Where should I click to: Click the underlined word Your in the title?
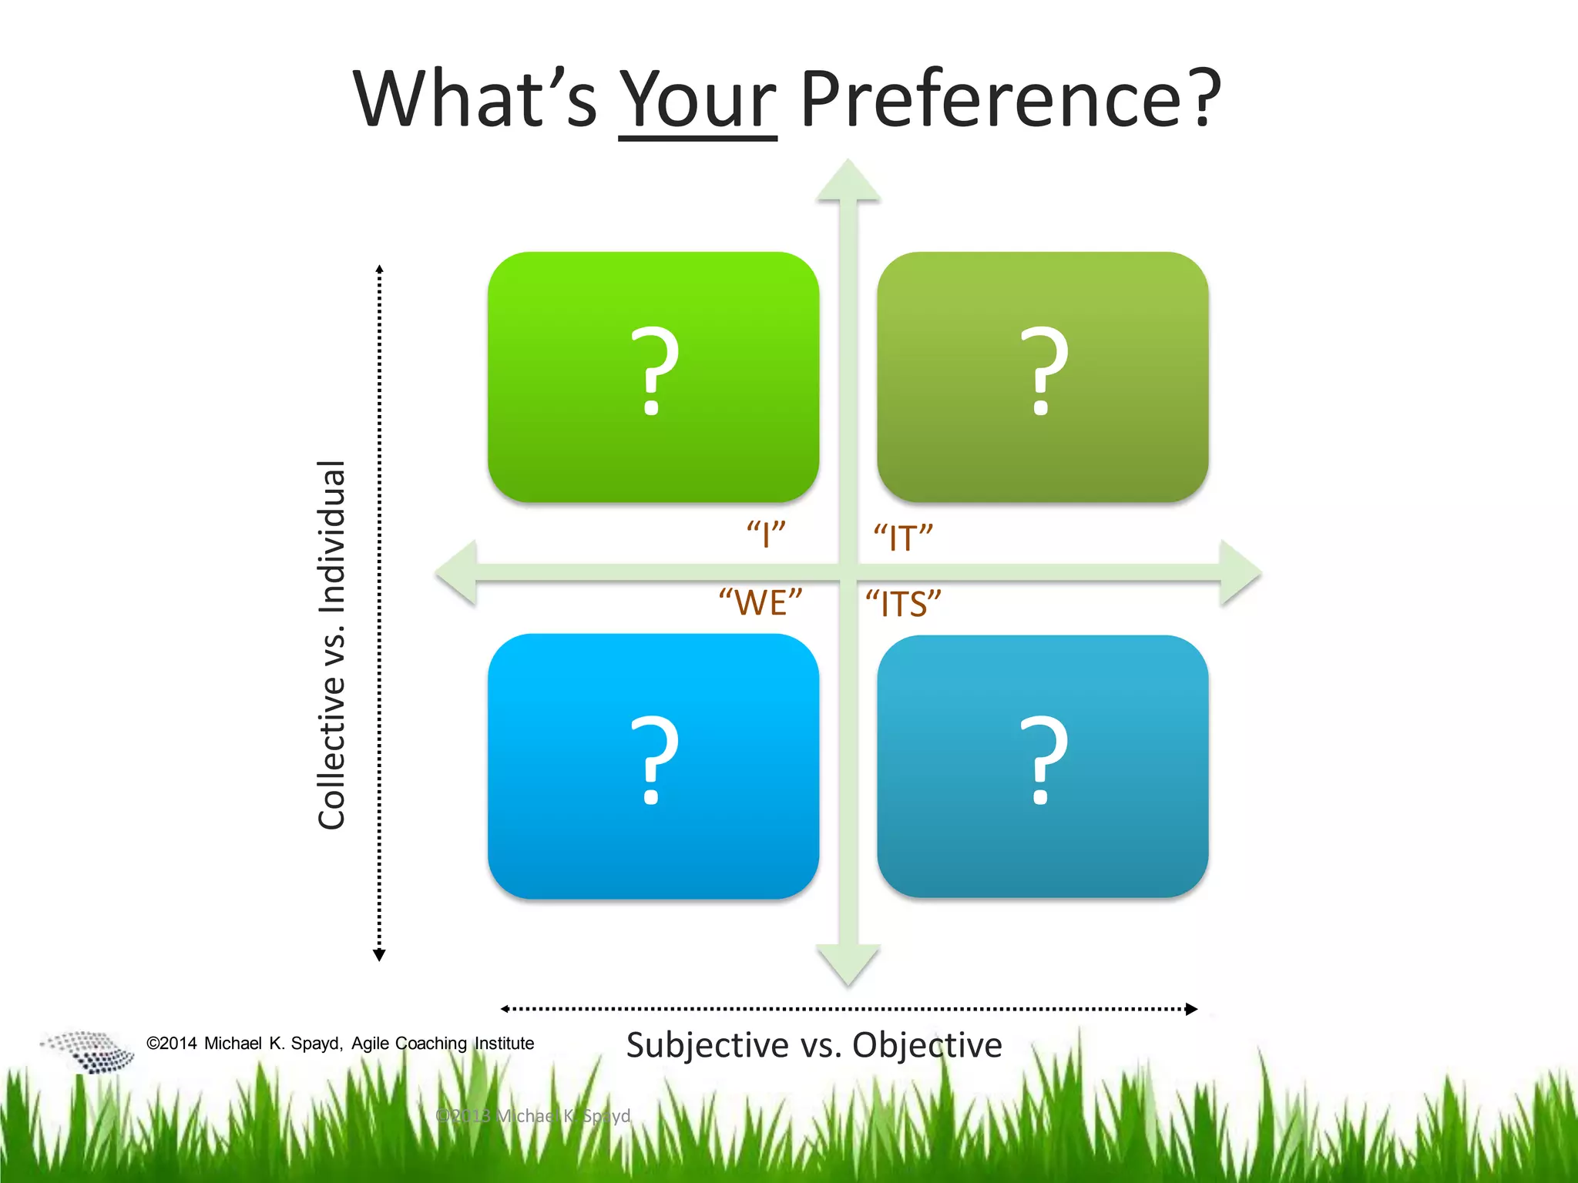coord(697,100)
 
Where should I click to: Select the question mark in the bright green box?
coord(654,371)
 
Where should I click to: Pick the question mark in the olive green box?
coord(1043,371)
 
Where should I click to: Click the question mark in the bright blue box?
coord(654,760)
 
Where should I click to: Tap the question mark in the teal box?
coord(1043,760)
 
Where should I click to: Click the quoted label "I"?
coord(766,534)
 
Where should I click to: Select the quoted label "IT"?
coord(902,537)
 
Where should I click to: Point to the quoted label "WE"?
coord(760,602)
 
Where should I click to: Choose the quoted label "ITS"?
coord(903,603)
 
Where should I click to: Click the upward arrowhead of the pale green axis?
coord(848,182)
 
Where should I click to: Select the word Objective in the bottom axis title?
coord(927,1045)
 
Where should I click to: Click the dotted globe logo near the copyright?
coord(89,1051)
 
